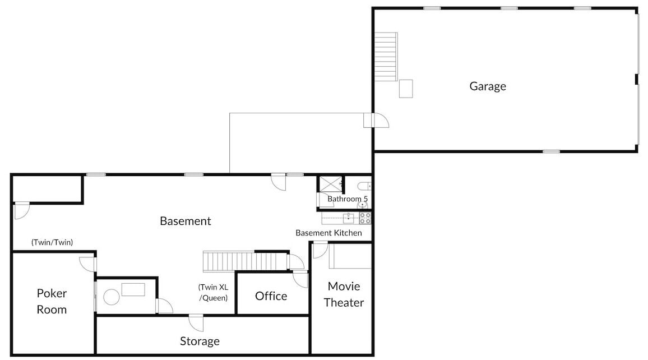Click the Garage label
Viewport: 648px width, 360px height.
point(488,86)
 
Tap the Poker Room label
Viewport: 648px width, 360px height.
point(52,301)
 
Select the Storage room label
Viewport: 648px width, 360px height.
point(200,341)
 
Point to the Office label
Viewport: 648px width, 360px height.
point(271,296)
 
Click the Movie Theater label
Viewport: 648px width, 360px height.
point(344,294)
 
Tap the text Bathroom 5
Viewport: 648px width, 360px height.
point(348,199)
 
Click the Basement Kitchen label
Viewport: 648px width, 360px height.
point(328,233)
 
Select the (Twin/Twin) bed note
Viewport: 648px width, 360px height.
point(52,242)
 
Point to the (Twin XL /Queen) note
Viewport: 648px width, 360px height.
point(213,293)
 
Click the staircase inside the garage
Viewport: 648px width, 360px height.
point(386,57)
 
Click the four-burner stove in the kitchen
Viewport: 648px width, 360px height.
point(365,218)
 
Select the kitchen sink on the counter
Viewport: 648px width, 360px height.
point(348,218)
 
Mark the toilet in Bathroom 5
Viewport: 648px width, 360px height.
point(364,186)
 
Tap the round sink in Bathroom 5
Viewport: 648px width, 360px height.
point(363,205)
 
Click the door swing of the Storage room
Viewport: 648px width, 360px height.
point(196,323)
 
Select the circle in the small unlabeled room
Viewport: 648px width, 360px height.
point(111,297)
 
